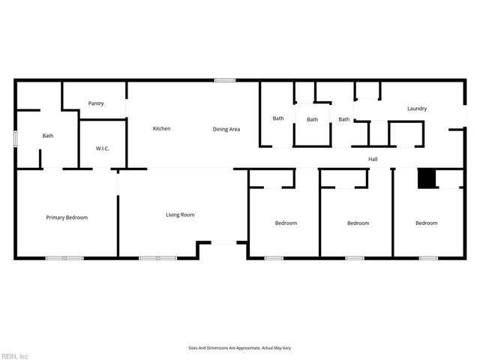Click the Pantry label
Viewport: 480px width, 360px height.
(x=96, y=103)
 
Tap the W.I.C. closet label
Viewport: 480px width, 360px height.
(x=103, y=148)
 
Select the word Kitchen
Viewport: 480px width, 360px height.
(x=162, y=129)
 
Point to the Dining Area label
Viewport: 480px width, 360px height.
(x=226, y=129)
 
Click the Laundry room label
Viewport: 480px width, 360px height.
(x=417, y=109)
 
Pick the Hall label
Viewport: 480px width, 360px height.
(x=373, y=159)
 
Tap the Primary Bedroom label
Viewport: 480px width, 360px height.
(x=67, y=217)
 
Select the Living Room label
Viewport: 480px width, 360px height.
(x=180, y=215)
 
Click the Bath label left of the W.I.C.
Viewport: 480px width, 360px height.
(x=48, y=136)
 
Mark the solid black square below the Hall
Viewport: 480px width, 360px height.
(x=426, y=178)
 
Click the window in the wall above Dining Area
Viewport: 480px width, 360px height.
(x=224, y=80)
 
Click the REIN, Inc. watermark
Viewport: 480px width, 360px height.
(x=15, y=355)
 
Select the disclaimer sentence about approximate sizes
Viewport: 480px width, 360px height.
(x=239, y=348)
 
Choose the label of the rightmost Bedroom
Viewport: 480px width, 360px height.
(x=427, y=223)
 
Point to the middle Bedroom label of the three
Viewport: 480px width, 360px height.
(x=358, y=223)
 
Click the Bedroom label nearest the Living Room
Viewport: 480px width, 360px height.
(x=286, y=223)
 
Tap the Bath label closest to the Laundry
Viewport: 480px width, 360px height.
(x=344, y=119)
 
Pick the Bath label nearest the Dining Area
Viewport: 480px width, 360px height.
(x=278, y=118)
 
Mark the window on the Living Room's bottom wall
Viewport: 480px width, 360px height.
(x=157, y=259)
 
